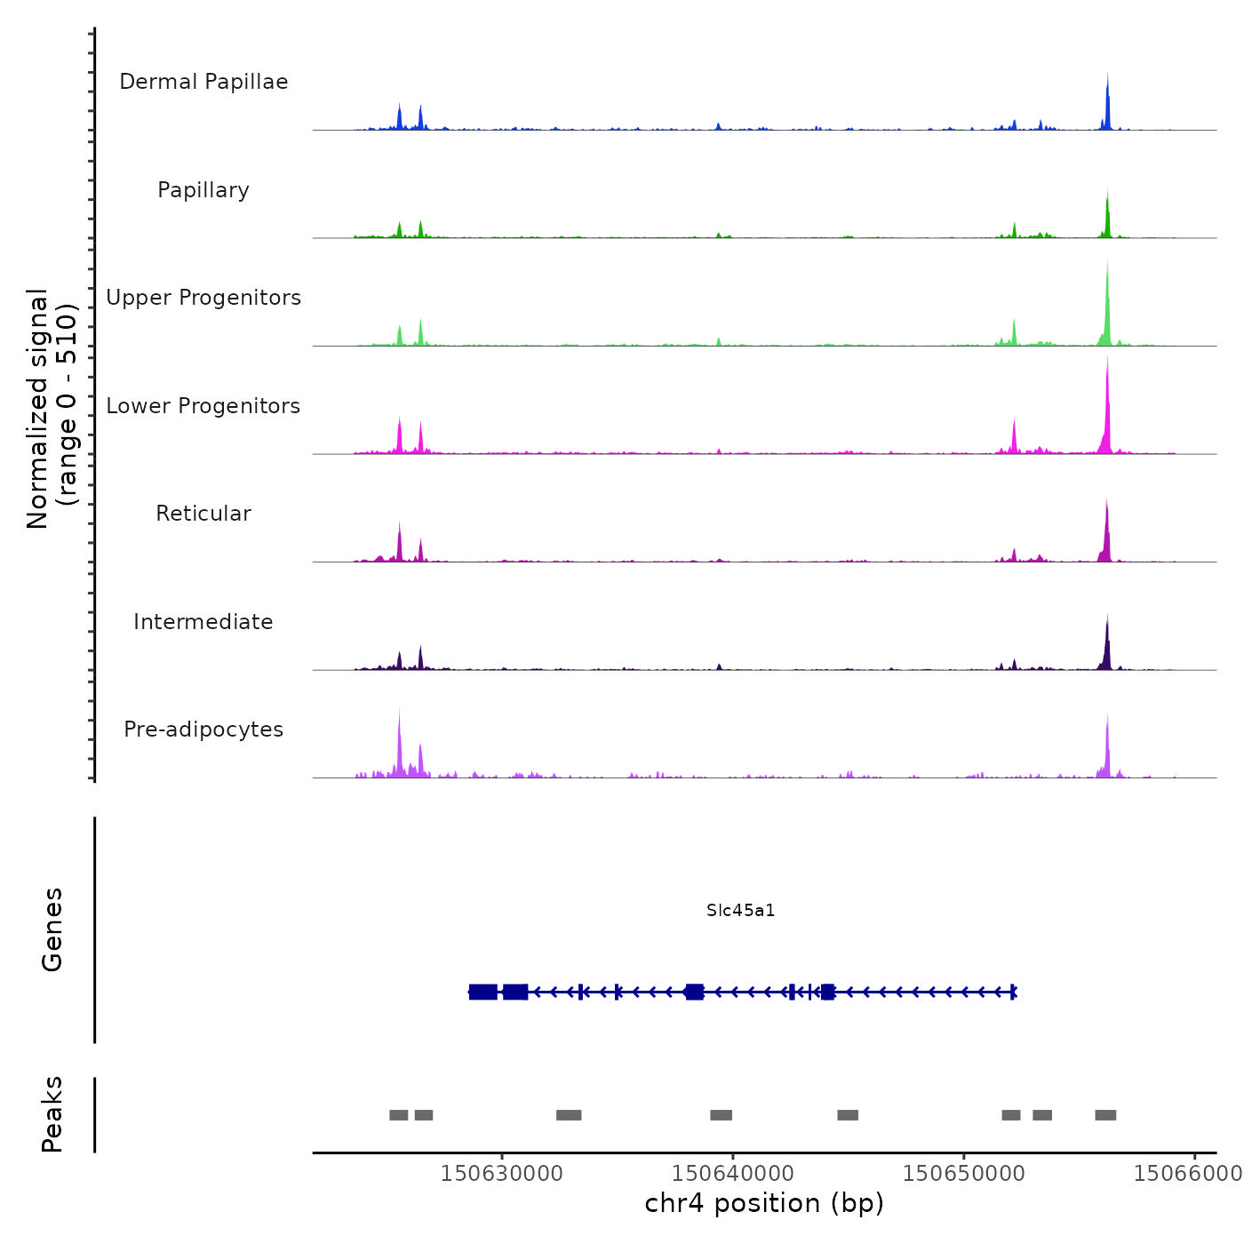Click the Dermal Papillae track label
[x=203, y=82]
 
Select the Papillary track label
[x=203, y=190]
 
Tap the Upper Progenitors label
[x=203, y=298]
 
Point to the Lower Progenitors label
[x=203, y=406]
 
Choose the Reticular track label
[x=203, y=514]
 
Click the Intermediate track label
[x=203, y=622]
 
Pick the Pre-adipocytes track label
[x=203, y=730]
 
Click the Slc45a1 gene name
[x=741, y=911]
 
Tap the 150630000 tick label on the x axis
[x=502, y=1174]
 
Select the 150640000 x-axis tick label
[x=733, y=1174]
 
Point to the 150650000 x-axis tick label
[x=964, y=1174]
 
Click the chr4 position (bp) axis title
[x=764, y=1203]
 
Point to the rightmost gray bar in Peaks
[x=1105, y=1115]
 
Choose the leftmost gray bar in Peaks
[x=399, y=1115]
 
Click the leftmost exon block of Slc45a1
[x=483, y=992]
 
